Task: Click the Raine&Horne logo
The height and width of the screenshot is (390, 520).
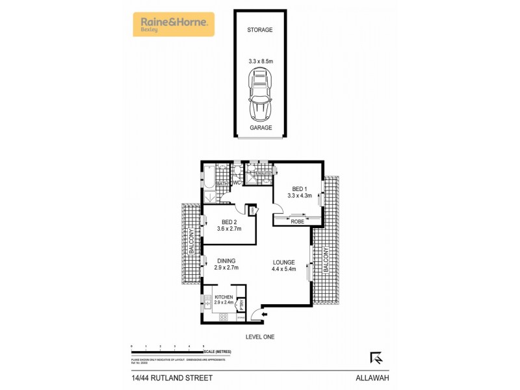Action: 174,25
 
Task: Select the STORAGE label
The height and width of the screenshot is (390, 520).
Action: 259,30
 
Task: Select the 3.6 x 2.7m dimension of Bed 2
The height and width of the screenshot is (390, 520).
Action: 228,229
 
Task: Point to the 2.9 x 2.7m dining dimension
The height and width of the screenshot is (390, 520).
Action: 227,268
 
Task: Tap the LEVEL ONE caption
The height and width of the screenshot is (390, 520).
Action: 259,337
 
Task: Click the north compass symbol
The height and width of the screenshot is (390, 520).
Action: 376,357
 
